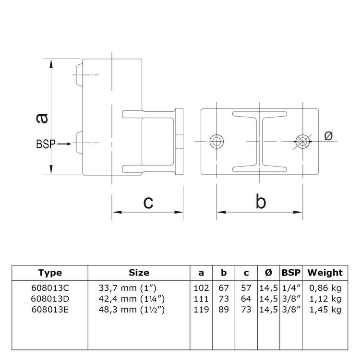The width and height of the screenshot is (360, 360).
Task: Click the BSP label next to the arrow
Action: (x=46, y=143)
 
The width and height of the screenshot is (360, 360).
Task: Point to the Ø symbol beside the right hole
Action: (x=329, y=136)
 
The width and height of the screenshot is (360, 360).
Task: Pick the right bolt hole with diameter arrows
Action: (x=302, y=141)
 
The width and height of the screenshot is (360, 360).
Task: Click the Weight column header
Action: (x=325, y=273)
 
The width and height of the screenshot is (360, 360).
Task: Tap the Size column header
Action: (x=139, y=273)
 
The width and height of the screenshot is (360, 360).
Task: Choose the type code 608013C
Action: (x=50, y=288)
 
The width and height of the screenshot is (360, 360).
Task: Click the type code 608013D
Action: (x=50, y=299)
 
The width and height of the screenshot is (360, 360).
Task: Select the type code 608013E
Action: (x=50, y=310)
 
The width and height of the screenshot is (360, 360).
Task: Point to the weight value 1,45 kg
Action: (x=325, y=310)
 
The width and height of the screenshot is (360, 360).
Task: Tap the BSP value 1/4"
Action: (x=291, y=288)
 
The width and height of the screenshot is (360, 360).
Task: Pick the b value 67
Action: (x=223, y=288)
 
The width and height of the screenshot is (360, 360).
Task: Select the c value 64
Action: (x=246, y=299)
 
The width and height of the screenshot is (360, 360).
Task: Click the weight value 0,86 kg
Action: (x=325, y=288)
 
